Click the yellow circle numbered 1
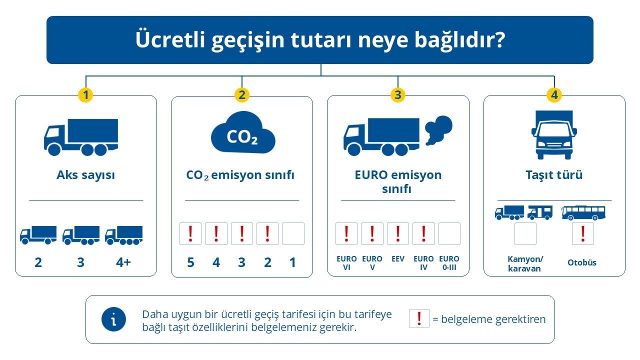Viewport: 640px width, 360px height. tap(85, 95)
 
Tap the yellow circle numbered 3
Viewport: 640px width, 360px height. tap(398, 95)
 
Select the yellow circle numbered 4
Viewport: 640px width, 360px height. tap(554, 95)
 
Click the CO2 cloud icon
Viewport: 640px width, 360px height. tap(243, 132)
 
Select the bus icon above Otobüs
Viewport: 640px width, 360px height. tap(583, 213)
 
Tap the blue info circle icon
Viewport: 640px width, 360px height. tap(113, 319)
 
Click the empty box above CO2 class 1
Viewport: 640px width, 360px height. tap(293, 233)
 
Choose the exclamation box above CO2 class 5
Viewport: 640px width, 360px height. tap(190, 233)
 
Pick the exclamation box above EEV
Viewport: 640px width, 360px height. tap(398, 233)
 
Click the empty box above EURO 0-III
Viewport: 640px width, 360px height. tap(449, 233)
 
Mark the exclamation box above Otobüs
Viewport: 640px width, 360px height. tap(583, 233)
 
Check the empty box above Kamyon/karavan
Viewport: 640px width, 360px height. tap(525, 233)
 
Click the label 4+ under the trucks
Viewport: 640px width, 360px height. tap(123, 262)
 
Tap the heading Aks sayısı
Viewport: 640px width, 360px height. tap(85, 175)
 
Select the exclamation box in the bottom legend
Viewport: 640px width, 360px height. tap(419, 318)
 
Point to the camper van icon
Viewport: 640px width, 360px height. tap(540, 213)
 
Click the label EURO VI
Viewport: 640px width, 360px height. tap(346, 263)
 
